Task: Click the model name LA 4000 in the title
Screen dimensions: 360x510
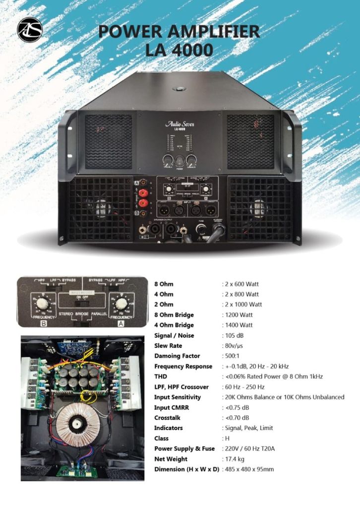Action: [180, 50]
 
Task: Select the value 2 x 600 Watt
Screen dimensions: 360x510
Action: [241, 284]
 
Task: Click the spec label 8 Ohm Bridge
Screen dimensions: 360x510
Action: [174, 315]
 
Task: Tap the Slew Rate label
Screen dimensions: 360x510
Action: [168, 346]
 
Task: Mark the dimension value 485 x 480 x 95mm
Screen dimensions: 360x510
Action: [249, 469]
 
